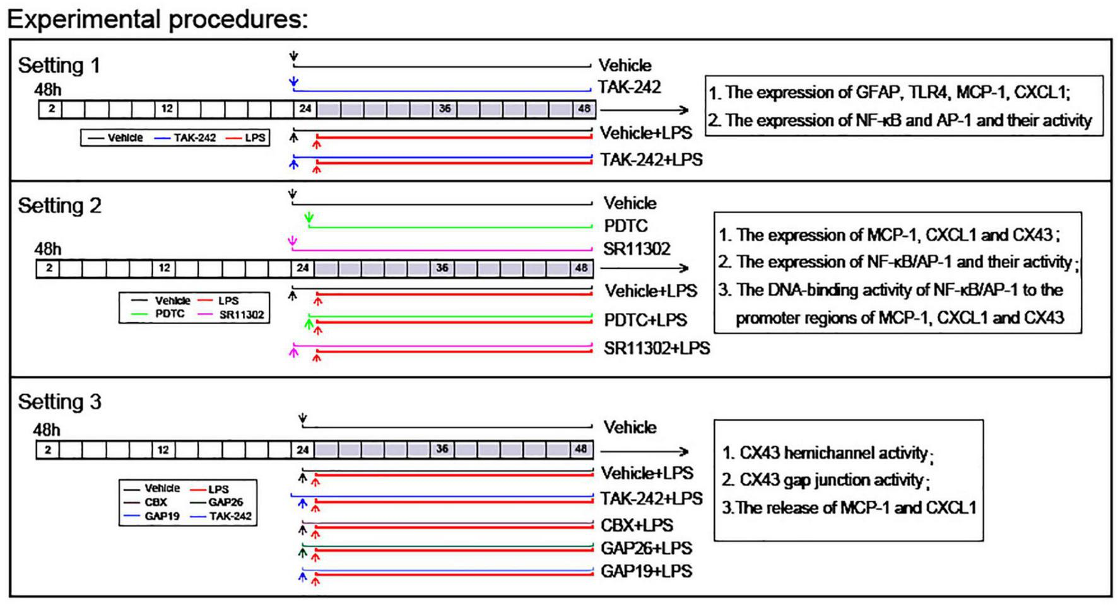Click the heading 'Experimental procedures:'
click(157, 19)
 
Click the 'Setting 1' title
click(59, 66)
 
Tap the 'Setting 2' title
click(59, 206)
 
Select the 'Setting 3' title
click(59, 402)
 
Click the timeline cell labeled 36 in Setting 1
click(445, 108)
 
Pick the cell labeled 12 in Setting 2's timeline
click(165, 268)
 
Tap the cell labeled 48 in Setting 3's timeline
click(580, 449)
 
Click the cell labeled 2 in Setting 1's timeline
click(51, 108)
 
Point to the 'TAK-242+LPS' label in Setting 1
click(651, 160)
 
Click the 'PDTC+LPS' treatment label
click(645, 320)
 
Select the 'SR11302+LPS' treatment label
click(656, 348)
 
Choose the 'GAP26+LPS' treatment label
click(646, 548)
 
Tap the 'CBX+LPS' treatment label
click(637, 525)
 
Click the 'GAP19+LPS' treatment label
click(646, 571)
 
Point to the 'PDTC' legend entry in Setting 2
click(170, 314)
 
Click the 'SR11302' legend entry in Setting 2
click(242, 315)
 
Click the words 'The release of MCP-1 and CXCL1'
click(856, 508)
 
